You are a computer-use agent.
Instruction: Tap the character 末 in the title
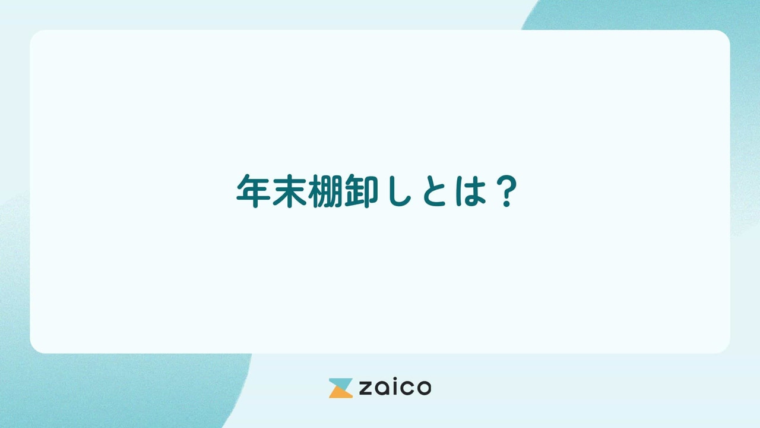point(287,191)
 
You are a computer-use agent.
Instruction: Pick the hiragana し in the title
point(397,192)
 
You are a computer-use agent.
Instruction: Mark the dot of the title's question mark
point(506,204)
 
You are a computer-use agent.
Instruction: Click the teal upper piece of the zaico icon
point(341,383)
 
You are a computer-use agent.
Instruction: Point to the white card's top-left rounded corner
point(34,35)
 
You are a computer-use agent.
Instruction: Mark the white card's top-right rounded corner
point(725,35)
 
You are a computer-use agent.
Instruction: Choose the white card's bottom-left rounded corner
point(34,348)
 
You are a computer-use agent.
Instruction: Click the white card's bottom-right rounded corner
point(725,348)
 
